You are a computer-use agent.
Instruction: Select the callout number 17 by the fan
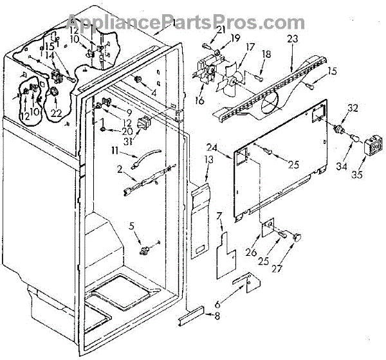pos(248,46)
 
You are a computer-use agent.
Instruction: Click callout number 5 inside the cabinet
pos(133,225)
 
